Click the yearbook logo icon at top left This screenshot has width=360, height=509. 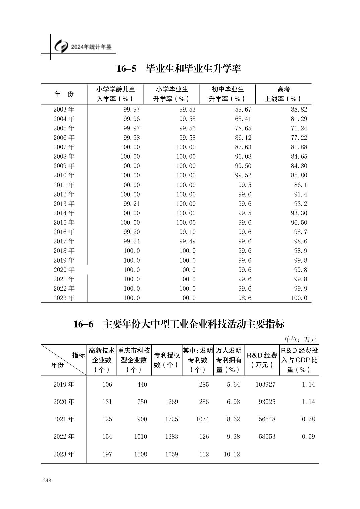click(x=61, y=47)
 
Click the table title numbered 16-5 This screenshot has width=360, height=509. click(x=179, y=69)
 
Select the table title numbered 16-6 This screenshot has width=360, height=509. click(x=179, y=324)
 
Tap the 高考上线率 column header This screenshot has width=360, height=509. click(x=283, y=94)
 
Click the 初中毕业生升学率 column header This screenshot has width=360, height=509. click(x=227, y=94)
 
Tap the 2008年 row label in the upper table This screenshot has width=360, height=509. click(x=64, y=156)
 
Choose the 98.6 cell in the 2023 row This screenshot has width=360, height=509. click(x=245, y=298)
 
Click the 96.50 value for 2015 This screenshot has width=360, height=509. click(x=299, y=222)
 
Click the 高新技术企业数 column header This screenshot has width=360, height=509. click(x=102, y=360)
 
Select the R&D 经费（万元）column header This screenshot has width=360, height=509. click(x=262, y=360)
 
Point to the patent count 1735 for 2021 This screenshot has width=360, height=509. click(x=172, y=419)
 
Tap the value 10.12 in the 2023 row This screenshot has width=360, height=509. click(x=232, y=454)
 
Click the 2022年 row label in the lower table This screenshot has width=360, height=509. click(x=64, y=437)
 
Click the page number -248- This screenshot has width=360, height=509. click(x=47, y=480)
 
